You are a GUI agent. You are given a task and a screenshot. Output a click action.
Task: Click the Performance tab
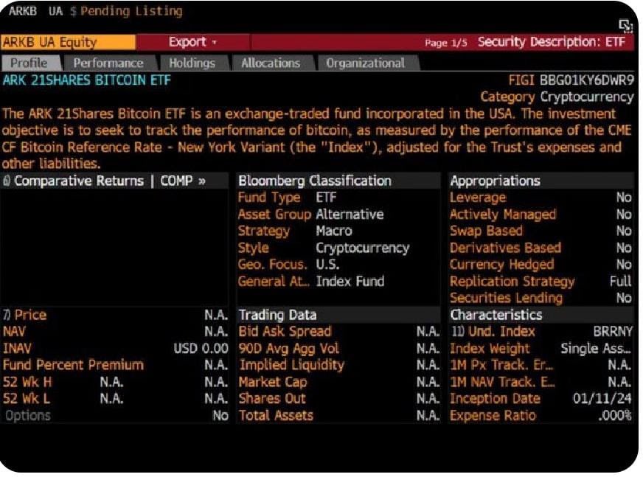108,63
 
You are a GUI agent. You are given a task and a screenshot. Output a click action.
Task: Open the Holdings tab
192,63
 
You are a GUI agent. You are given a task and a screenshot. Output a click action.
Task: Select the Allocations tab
271,63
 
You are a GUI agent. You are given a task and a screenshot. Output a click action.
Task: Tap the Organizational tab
366,63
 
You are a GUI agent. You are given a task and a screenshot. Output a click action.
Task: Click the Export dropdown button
192,42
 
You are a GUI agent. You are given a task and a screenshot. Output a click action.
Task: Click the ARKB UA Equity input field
68,42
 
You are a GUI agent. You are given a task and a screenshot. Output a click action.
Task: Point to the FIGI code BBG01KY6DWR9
586,80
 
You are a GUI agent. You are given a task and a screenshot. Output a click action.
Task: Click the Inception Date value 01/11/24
602,398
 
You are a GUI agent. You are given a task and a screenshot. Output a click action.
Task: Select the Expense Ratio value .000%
615,416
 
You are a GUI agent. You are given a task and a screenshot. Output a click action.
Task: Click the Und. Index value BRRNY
612,332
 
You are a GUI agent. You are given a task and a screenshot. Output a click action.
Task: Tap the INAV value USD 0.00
201,348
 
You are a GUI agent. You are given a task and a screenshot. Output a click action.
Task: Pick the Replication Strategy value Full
620,282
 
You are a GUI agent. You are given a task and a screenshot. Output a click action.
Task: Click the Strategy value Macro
334,231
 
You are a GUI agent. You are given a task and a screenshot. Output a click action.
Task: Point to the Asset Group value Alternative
350,214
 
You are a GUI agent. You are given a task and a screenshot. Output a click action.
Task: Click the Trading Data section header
277,315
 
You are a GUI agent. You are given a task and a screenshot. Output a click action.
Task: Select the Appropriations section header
495,181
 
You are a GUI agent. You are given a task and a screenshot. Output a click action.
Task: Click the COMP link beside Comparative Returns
183,181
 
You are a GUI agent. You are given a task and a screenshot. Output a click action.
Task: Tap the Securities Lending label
506,298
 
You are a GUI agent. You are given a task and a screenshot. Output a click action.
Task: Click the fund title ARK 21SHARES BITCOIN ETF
86,80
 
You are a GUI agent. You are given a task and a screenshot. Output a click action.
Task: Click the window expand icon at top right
626,26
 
